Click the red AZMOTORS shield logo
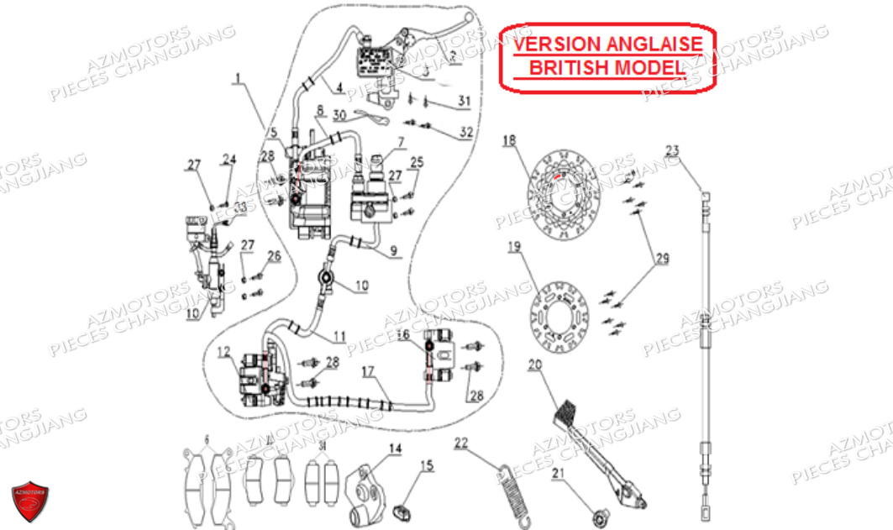(x=30, y=502)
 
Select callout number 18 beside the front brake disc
(x=509, y=140)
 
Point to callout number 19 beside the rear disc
(x=514, y=247)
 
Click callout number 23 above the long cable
(x=672, y=151)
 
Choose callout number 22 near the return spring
(x=461, y=443)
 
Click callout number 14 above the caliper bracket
(x=395, y=449)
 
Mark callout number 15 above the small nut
(x=427, y=464)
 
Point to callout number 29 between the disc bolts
(x=662, y=259)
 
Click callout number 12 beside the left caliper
(x=223, y=351)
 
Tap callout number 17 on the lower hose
(x=368, y=370)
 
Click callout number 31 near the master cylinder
(x=465, y=102)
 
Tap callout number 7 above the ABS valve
(x=402, y=141)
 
